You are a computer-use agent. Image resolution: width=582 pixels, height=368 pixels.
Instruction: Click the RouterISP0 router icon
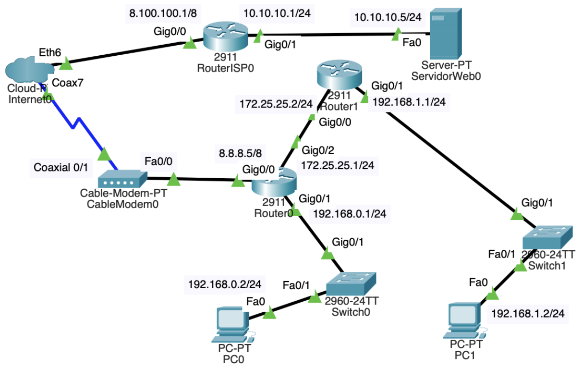point(225,37)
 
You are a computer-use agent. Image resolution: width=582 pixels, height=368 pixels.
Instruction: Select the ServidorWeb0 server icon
point(445,34)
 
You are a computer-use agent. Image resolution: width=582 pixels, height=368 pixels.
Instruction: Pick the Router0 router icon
point(273,182)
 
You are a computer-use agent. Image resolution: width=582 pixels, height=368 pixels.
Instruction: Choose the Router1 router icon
point(339,75)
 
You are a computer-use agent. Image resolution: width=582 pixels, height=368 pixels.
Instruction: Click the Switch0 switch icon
point(351,283)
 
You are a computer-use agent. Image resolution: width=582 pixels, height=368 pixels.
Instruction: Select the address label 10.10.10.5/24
point(388,17)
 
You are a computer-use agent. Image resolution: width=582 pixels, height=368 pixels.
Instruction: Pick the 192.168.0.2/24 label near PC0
point(225,284)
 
